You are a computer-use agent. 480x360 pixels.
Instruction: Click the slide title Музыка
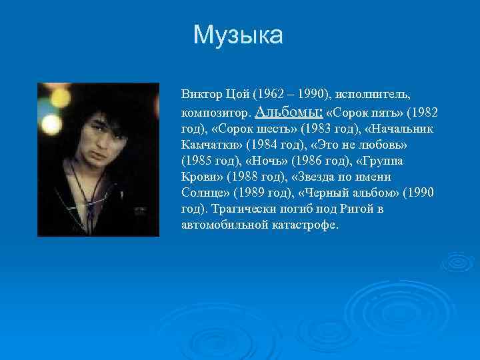pyautogui.click(x=238, y=35)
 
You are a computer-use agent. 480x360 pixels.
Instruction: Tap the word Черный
pyautogui.click(x=326, y=193)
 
